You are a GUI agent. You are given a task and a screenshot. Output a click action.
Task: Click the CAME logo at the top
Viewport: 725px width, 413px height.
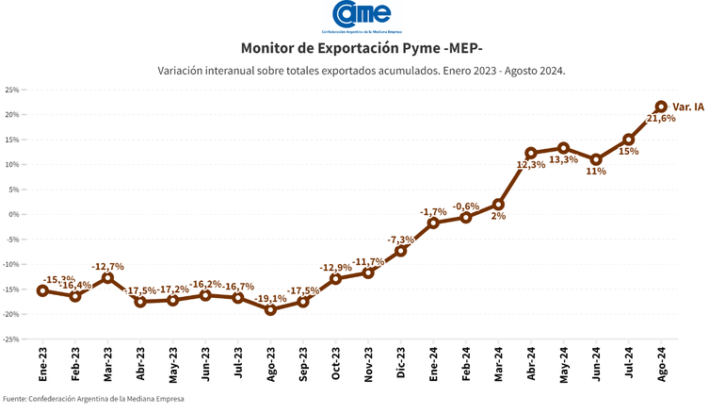pyautogui.click(x=362, y=16)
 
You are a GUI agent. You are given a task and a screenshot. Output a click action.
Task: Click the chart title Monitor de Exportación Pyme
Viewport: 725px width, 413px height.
pyautogui.click(x=362, y=48)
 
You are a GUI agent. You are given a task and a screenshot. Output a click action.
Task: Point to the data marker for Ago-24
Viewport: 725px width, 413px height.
pyautogui.click(x=661, y=107)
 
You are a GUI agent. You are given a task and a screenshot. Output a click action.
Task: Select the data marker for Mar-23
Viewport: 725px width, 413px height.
pyautogui.click(x=107, y=277)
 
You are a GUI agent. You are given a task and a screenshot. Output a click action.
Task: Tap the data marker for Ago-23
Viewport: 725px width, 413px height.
pyautogui.click(x=270, y=309)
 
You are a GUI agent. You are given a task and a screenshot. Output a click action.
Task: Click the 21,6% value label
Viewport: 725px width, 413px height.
pyautogui.click(x=662, y=120)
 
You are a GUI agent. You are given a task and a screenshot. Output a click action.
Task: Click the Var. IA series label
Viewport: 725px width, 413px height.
pyautogui.click(x=688, y=107)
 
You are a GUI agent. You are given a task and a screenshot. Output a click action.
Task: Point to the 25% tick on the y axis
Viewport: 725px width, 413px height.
pyautogui.click(x=12, y=90)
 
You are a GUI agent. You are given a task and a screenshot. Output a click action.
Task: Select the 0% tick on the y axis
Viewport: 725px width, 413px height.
pyautogui.click(x=14, y=214)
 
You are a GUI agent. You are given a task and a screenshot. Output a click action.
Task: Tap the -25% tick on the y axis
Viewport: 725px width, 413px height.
pyautogui.click(x=11, y=339)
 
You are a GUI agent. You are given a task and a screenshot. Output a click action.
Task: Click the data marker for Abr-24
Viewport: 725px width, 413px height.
pyautogui.click(x=531, y=153)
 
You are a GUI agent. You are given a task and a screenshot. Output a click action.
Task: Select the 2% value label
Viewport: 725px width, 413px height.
pyautogui.click(x=498, y=216)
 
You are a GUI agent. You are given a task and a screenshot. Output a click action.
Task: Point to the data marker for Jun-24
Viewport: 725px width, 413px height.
pyautogui.click(x=596, y=159)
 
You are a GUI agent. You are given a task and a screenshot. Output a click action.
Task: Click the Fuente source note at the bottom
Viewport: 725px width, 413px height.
pyautogui.click(x=93, y=399)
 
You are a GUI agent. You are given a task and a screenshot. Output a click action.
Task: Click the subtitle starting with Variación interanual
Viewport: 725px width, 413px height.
pyautogui.click(x=362, y=70)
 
